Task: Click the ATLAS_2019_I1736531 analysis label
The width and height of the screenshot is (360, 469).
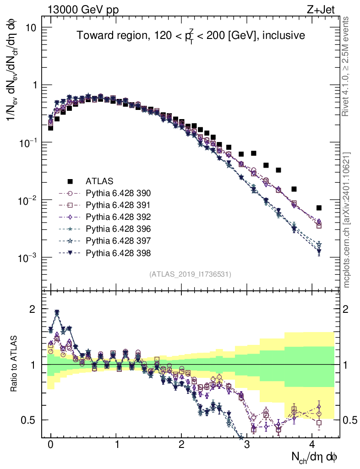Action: pos(190,274)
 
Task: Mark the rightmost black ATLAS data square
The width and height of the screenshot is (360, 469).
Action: pos(319,207)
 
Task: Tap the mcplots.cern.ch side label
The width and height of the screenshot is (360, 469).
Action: pos(347,220)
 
